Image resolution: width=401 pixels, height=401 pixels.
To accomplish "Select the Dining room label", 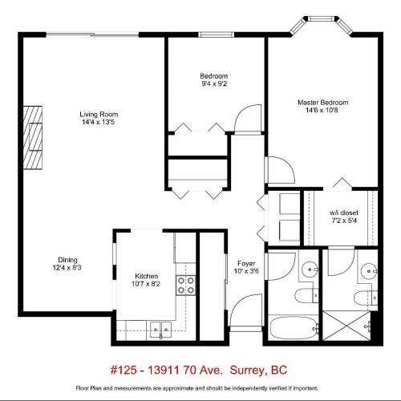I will tap(67, 259).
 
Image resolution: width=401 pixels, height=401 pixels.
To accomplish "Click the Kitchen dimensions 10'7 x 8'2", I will tap(152, 283).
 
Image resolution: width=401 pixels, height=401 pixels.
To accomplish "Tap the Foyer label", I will tap(246, 263).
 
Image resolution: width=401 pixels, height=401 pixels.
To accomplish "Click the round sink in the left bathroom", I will tap(310, 269).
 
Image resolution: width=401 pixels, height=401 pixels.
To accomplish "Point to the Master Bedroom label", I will tap(322, 103).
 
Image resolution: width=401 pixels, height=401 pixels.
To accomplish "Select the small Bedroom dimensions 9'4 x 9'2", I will tap(213, 84).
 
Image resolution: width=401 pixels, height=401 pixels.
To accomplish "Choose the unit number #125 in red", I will tap(123, 371).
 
